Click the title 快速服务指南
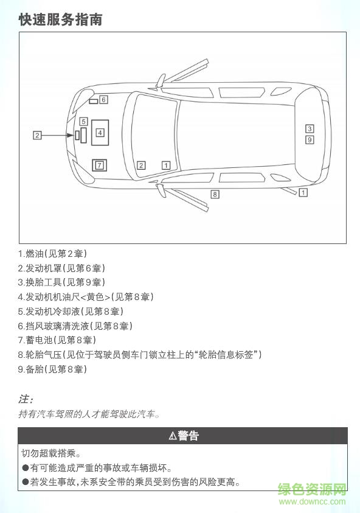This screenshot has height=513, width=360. [60, 19]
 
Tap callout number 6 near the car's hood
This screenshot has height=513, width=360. [104, 99]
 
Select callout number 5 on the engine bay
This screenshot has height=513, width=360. [84, 121]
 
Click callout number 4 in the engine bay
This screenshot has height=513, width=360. [100, 132]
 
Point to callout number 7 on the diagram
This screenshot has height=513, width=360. [99, 165]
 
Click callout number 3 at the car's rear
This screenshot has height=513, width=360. [310, 128]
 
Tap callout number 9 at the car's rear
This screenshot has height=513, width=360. [310, 140]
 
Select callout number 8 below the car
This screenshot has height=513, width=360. [215, 194]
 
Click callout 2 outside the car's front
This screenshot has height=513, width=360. [37, 135]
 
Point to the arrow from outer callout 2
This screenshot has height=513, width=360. [57, 135]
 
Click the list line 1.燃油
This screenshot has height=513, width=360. [57, 253]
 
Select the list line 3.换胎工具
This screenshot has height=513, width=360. [61, 282]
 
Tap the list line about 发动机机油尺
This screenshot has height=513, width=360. [86, 297]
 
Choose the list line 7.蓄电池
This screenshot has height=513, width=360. [57, 340]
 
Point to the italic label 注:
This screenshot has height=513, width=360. [26, 400]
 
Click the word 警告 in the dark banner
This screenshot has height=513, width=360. [189, 436]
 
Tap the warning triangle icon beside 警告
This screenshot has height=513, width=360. [172, 436]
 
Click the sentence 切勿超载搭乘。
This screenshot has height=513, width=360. [51, 453]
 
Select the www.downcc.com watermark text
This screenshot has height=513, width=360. [312, 501]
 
